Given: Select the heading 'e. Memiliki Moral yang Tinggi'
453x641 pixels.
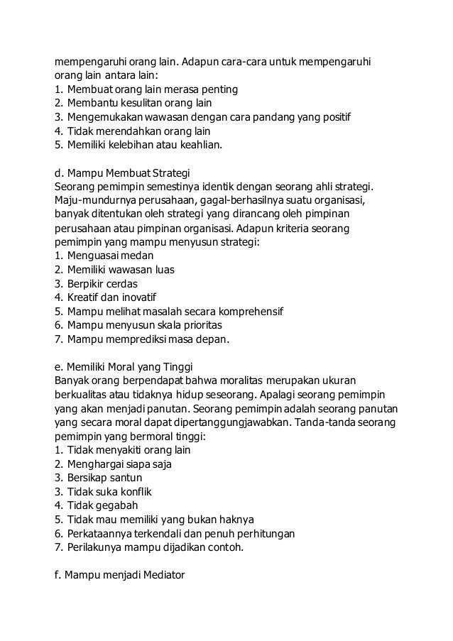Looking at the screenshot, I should (x=129, y=366).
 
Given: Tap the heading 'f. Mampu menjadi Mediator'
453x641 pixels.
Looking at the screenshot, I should (x=119, y=575).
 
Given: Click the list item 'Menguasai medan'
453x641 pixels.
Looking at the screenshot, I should (x=110, y=256).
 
